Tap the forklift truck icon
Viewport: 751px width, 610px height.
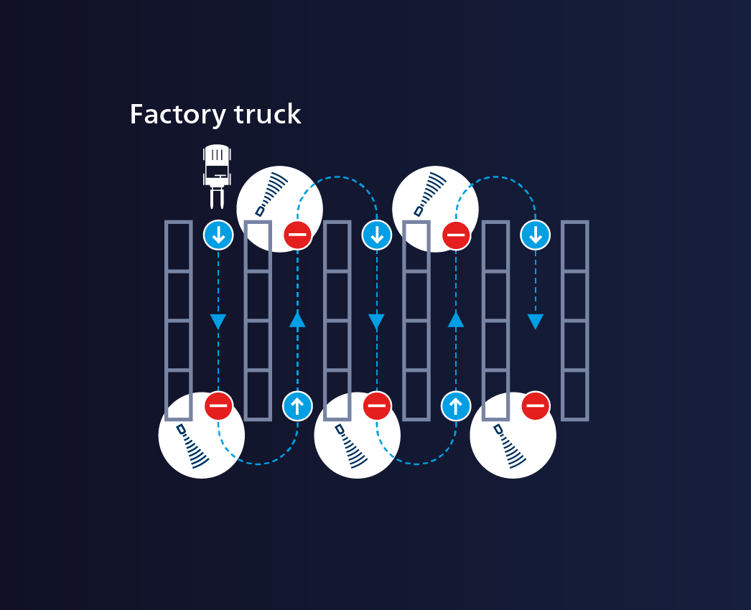pos(217,175)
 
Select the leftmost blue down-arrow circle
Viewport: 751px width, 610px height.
pos(218,235)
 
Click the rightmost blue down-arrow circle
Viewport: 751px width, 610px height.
pos(535,235)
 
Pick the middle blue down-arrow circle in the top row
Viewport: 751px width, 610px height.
pos(377,235)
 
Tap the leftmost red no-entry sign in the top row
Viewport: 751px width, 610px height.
pos(297,235)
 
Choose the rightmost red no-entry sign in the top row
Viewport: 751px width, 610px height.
pos(456,235)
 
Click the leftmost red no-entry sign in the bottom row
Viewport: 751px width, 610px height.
pos(218,406)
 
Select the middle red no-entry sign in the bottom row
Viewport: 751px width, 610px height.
pos(377,406)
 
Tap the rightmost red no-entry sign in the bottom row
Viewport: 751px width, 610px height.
pos(535,406)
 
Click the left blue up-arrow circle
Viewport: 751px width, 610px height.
pos(297,406)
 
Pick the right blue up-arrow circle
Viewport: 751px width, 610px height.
pos(456,406)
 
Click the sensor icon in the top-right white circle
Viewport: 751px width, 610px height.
pos(429,194)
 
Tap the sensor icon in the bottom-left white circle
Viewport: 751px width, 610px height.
pos(192,447)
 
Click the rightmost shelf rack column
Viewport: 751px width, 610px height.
pos(574,320)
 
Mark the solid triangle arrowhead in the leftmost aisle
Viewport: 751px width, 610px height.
pos(218,322)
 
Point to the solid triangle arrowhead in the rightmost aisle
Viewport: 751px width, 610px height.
pos(535,322)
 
